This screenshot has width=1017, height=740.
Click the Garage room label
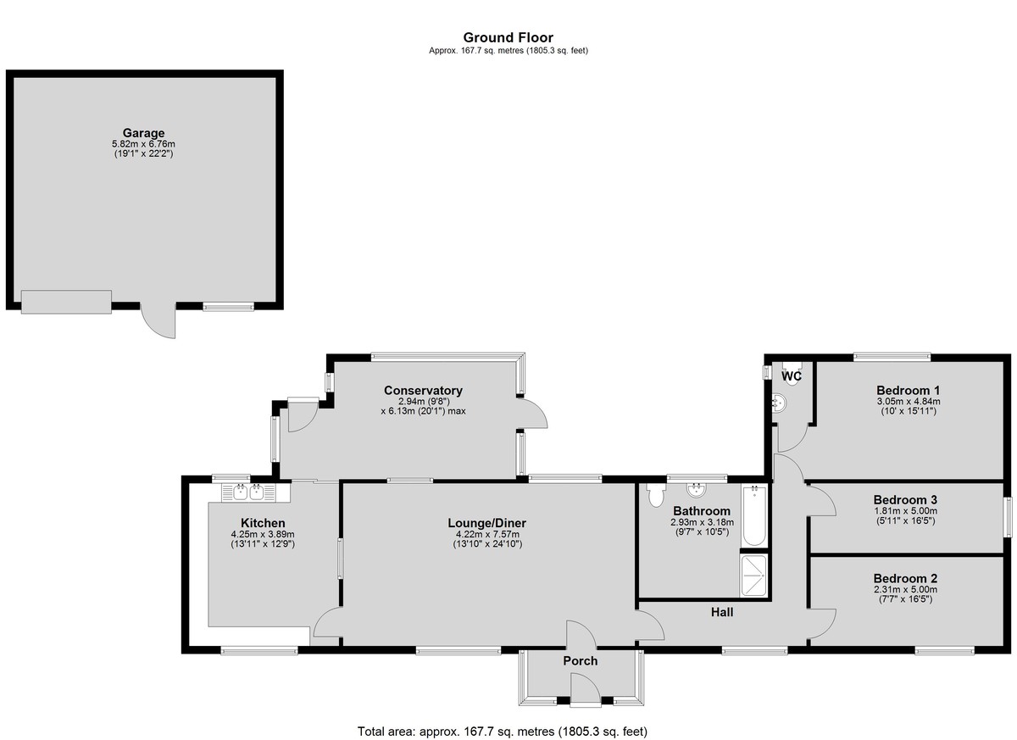(143, 133)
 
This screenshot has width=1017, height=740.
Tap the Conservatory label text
(423, 391)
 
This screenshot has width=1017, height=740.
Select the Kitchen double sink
(249, 492)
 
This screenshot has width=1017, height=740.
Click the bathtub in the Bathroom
(754, 515)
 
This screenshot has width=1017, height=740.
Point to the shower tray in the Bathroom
(754, 576)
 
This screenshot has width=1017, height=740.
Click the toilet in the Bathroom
(656, 496)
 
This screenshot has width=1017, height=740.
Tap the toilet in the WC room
(792, 374)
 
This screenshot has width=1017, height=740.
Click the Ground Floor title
(508, 37)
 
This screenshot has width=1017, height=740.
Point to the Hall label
(722, 613)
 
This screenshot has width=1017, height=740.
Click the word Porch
(581, 661)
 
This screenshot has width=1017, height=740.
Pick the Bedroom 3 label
(905, 500)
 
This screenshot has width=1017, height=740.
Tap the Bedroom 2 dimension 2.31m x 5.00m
(905, 590)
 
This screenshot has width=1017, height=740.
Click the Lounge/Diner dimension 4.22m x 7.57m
(487, 534)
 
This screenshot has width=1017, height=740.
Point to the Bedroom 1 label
(908, 391)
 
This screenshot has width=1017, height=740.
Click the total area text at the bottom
(502, 719)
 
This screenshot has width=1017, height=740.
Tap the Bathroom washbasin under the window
(697, 490)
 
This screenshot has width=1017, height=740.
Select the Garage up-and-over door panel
(66, 302)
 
